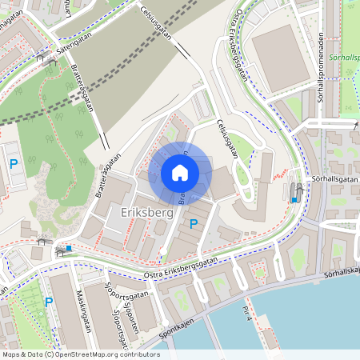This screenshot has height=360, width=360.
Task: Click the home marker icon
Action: (x=180, y=173)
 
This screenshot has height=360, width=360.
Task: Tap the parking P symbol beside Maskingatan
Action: (x=49, y=302)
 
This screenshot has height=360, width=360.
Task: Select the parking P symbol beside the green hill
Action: (x=13, y=164)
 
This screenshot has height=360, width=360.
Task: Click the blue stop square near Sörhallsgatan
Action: (x=294, y=200)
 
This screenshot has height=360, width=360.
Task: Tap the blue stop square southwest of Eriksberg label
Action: (x=69, y=249)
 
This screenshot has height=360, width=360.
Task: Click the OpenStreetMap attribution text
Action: (x=80, y=354)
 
